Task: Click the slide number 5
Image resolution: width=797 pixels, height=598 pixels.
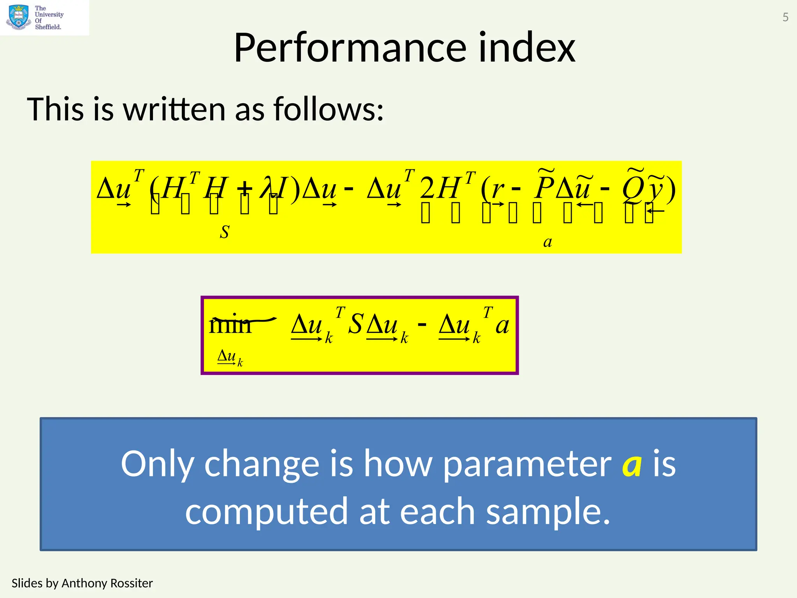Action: [x=785, y=17]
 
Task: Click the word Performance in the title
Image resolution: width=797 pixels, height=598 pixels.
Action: [x=350, y=48]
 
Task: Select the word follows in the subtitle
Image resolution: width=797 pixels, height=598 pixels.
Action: [x=328, y=109]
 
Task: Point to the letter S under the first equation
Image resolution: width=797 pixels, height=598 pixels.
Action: [x=225, y=232]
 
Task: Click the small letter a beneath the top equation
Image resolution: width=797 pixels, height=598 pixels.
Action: [x=548, y=242]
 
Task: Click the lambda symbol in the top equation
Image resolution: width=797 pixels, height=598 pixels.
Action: [x=268, y=188]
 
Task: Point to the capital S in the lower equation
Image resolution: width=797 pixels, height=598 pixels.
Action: [x=355, y=324]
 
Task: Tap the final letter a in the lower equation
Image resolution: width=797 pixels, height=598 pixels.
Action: [x=502, y=325]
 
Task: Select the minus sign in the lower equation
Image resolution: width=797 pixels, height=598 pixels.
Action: [x=422, y=324]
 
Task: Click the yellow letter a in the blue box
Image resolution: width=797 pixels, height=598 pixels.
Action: [x=632, y=464]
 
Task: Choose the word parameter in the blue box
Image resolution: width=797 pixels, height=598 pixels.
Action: [x=527, y=464]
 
